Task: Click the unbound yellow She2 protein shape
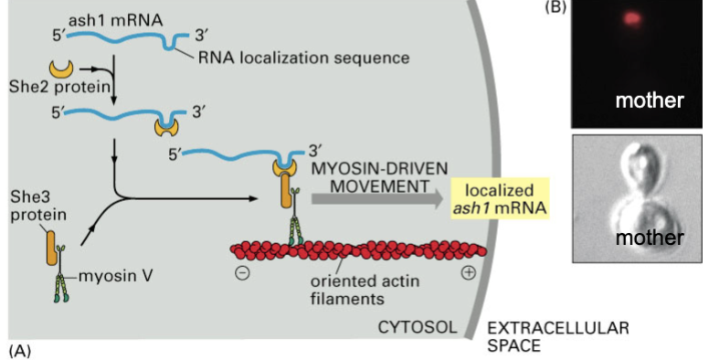click(x=59, y=69)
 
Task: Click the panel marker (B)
click(x=558, y=7)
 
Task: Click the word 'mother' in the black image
click(x=649, y=100)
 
